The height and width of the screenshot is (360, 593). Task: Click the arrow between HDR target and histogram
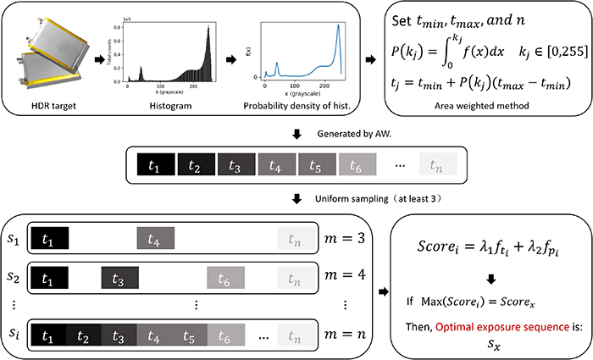coord(100,61)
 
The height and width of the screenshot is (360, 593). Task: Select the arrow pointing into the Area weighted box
coord(369,61)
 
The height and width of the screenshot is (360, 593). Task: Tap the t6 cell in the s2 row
coord(224,278)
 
